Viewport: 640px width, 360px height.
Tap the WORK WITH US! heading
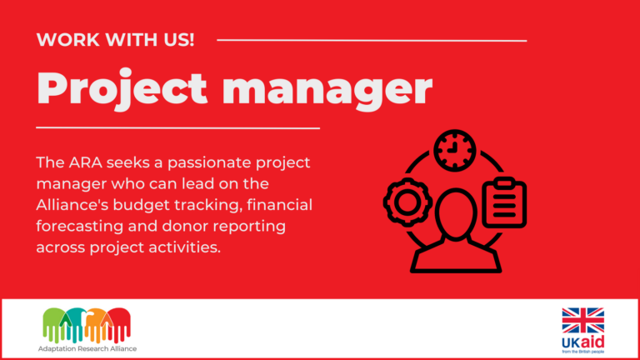(116, 39)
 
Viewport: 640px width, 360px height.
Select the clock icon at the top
(454, 151)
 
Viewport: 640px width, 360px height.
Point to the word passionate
(184, 161)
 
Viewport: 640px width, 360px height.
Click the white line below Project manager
(178, 127)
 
